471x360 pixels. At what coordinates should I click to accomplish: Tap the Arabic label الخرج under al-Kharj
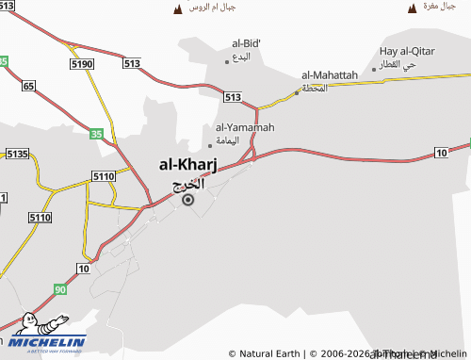click(188, 184)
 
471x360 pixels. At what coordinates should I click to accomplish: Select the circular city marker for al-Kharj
click(187, 200)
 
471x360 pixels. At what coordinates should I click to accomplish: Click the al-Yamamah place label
click(245, 127)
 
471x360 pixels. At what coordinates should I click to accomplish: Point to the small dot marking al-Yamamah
click(210, 145)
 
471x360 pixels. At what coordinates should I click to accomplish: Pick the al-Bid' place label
click(246, 43)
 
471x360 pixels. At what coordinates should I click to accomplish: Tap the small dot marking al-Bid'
click(227, 61)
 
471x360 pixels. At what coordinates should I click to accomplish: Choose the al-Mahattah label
click(330, 74)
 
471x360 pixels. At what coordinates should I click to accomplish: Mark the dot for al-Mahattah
click(297, 91)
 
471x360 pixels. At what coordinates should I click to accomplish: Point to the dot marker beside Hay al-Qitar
click(373, 67)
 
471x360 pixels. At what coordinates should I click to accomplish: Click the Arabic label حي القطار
click(396, 65)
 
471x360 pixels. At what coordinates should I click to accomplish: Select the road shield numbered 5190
click(82, 63)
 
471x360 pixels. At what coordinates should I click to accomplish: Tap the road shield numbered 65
click(28, 86)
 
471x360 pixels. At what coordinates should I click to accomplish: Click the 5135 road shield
click(17, 153)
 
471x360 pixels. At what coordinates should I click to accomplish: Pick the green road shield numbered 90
click(60, 290)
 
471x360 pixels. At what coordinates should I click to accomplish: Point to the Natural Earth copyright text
click(264, 353)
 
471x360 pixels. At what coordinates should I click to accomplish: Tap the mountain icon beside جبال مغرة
click(412, 8)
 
